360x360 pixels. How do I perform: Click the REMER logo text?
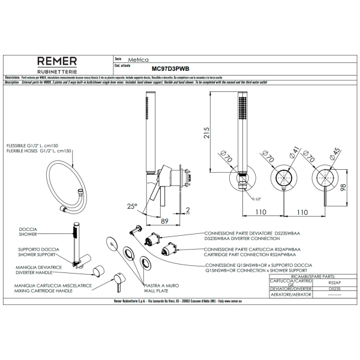(57, 61)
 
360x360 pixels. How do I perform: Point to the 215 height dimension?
(205, 132)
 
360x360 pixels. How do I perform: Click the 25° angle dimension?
(132, 206)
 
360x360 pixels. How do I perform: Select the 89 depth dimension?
(164, 221)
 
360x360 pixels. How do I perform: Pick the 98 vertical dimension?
(343, 188)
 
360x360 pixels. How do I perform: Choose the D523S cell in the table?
(335, 289)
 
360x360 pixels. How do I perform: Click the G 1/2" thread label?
(254, 198)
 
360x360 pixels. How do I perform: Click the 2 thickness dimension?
(188, 209)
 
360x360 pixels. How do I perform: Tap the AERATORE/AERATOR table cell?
(290, 295)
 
